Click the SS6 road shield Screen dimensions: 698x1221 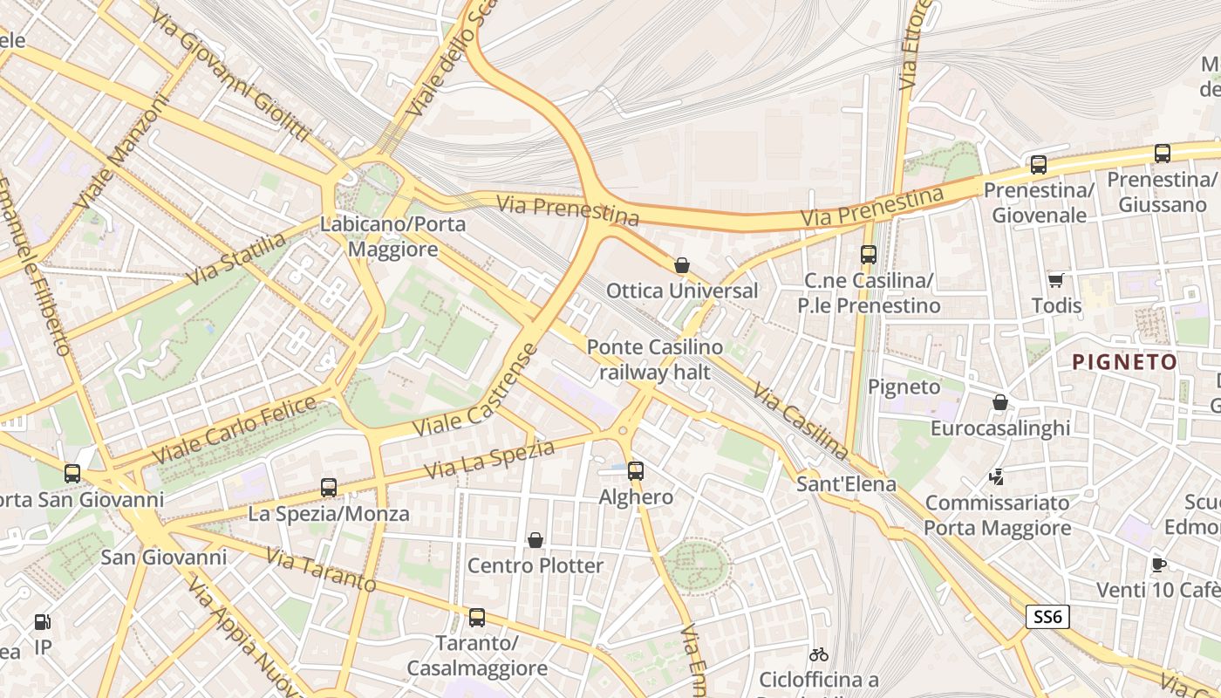1047,617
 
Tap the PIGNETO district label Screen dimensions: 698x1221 1124,362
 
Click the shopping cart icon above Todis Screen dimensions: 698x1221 1056,280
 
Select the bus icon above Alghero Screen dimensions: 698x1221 636,471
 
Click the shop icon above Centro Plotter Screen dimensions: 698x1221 535,540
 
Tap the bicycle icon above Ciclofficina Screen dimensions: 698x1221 818,654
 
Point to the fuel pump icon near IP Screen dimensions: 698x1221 42,622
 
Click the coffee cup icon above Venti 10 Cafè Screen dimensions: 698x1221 1158,565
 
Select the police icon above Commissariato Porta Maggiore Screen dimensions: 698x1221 997,476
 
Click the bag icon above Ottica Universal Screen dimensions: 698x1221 682,265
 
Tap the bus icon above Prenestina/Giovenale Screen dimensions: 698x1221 1038,164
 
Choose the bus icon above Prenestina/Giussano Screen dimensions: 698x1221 1162,154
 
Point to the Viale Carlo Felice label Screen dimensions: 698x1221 235,430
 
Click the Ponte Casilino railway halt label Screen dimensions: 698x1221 654,359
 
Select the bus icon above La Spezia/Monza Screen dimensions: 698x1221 329,488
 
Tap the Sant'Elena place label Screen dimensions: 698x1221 846,483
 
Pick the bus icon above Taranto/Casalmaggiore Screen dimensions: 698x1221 476,618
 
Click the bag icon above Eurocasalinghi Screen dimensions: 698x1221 1000,402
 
